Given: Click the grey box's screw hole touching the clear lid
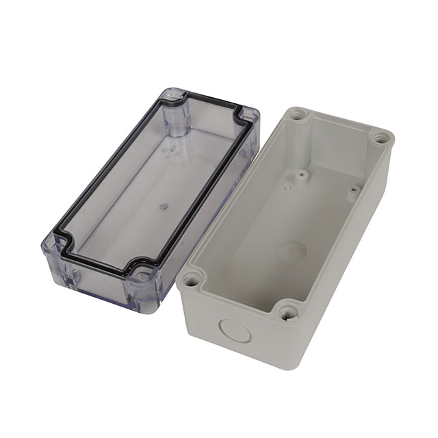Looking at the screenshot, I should [x=192, y=279].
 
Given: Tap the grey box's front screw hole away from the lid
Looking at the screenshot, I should [x=287, y=314].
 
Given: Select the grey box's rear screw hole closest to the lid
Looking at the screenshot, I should [x=296, y=116].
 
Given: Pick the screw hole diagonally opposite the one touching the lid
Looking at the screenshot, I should [x=380, y=138].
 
